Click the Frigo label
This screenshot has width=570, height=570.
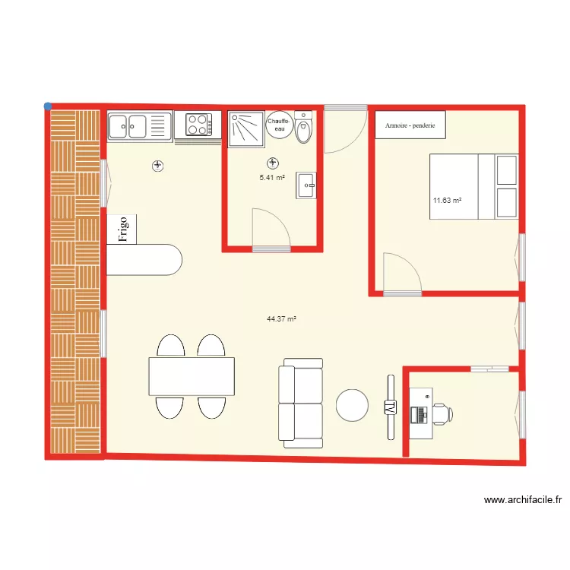click(x=123, y=228)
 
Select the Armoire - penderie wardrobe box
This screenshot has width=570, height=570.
click(x=410, y=125)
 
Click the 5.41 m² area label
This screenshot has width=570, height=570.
click(x=271, y=177)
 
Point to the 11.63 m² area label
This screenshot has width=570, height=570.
click(x=448, y=201)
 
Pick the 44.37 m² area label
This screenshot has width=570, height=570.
click(x=281, y=319)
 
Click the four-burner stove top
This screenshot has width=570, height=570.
click(x=198, y=125)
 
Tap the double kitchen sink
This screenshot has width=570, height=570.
click(x=138, y=125)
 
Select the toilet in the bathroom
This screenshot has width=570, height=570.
click(x=304, y=130)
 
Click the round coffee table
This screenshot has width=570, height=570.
click(x=353, y=404)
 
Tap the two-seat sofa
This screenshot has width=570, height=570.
click(x=300, y=403)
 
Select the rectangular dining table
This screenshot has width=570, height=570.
click(x=191, y=376)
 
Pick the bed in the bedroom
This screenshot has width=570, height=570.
click(x=474, y=186)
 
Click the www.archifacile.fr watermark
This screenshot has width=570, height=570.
click(x=522, y=500)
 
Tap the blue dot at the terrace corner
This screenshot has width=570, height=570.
click(x=48, y=106)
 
